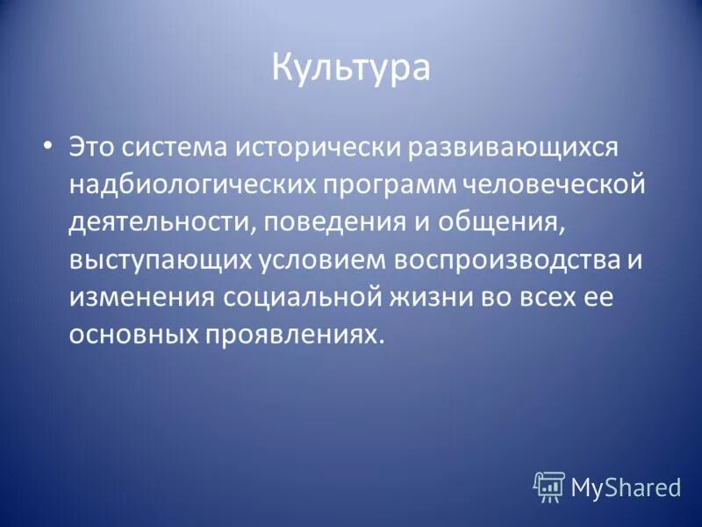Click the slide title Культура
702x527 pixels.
[x=350, y=68]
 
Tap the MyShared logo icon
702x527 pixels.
[x=549, y=486]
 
